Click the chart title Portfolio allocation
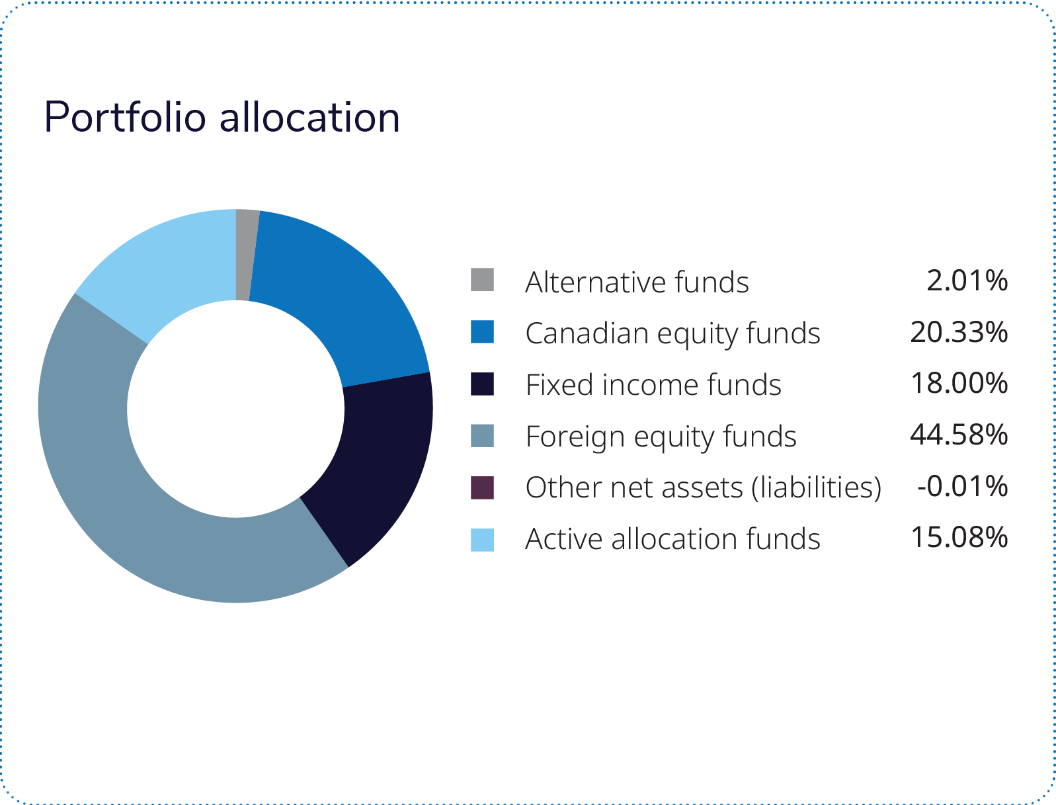222,118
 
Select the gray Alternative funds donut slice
245,255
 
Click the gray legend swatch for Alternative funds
482,280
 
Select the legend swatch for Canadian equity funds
482,332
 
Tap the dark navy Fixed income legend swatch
482,384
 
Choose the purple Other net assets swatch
482,488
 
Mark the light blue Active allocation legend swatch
482,540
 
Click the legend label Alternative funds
637,282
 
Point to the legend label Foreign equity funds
661,437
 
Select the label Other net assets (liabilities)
704,488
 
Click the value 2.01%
967,280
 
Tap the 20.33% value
959,332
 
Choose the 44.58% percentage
959,435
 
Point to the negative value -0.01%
963,486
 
